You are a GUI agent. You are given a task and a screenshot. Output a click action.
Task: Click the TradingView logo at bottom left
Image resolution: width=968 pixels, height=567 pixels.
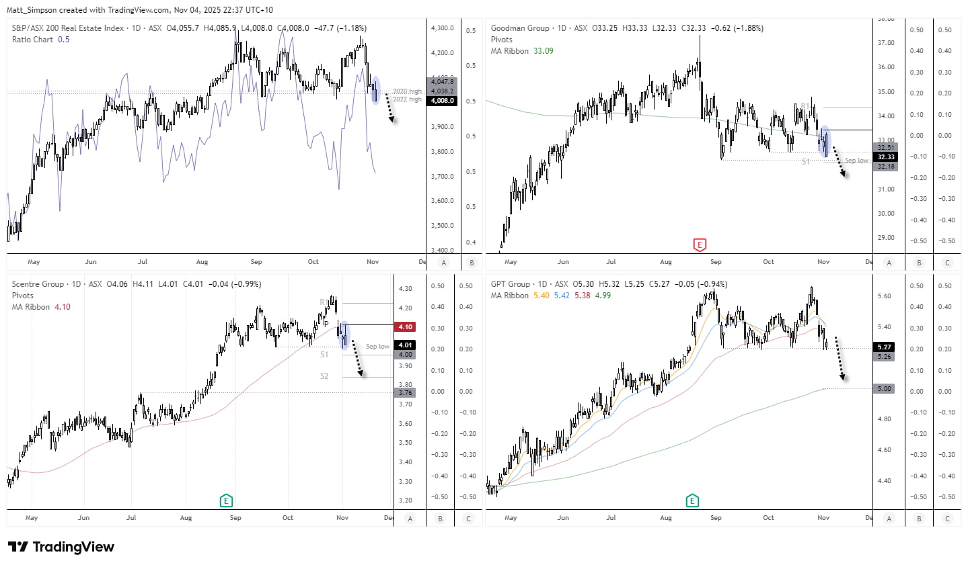[x=61, y=547]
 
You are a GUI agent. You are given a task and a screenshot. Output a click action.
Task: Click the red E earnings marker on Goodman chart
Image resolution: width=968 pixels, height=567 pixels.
[x=700, y=245]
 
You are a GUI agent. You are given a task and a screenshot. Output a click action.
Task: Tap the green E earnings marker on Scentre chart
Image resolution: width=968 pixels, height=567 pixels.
[x=226, y=500]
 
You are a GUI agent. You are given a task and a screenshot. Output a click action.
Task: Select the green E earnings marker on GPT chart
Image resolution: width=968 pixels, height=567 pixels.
[x=692, y=500]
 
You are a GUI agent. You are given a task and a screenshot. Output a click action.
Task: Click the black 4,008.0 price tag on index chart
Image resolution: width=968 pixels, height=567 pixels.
[x=443, y=101]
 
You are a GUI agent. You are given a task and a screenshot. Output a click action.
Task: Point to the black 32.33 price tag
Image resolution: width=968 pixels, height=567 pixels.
[x=886, y=157]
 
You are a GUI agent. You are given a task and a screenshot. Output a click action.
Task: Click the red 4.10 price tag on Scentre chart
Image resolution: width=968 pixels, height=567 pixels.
[x=405, y=327]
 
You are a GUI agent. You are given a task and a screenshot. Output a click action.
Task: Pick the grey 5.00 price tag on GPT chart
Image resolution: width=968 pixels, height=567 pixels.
[x=884, y=389]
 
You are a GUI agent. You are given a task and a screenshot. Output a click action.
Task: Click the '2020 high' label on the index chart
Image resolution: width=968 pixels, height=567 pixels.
[x=407, y=91]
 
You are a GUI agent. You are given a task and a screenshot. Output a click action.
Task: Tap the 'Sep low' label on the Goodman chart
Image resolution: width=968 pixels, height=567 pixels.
[x=856, y=161]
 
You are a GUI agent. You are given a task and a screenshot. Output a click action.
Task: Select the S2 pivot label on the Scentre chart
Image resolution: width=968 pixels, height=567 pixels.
[x=324, y=376]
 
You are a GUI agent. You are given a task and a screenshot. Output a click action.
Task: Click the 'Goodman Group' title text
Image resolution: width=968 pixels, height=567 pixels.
[x=520, y=28]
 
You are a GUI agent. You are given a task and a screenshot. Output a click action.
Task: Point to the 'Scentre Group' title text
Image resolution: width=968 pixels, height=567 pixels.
[x=38, y=284]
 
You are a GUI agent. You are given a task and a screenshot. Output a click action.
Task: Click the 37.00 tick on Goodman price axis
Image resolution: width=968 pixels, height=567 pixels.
[x=886, y=43]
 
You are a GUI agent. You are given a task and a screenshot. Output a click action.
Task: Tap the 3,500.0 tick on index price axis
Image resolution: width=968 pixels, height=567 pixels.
[x=443, y=226]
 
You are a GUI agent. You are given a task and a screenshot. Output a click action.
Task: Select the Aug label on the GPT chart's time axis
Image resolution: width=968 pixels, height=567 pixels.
[x=665, y=518]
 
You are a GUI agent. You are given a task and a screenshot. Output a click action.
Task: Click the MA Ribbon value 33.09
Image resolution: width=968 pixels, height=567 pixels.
[x=543, y=51]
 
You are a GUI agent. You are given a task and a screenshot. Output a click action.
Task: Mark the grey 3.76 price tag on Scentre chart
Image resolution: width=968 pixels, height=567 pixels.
[x=405, y=393]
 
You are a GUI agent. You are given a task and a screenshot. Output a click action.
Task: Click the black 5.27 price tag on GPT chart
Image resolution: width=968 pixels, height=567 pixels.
[x=884, y=347]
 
